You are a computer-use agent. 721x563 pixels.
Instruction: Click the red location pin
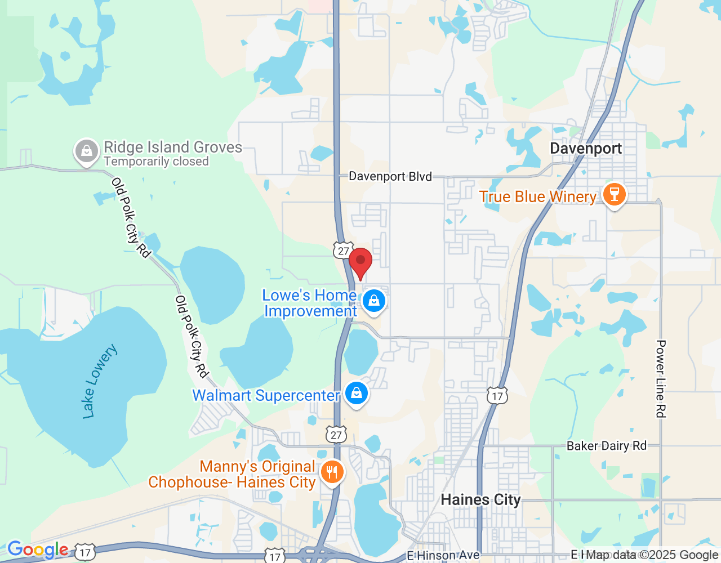point(360,262)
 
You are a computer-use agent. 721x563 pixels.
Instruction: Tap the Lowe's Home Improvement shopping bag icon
point(373,301)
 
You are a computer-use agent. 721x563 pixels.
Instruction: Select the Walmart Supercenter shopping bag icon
point(356,393)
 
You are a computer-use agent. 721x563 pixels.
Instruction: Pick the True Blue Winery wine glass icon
point(614,194)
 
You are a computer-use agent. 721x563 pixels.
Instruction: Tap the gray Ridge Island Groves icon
point(87,151)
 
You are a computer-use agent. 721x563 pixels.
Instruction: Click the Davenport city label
point(586,149)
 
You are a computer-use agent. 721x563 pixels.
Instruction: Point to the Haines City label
point(480,499)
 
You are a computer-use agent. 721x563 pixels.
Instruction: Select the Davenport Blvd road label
point(390,176)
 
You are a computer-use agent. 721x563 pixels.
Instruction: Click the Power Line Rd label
point(661,378)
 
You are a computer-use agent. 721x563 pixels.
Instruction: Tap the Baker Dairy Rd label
point(607,446)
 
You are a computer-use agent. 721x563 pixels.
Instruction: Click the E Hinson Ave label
point(443,556)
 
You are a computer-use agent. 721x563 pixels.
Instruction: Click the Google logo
point(38,549)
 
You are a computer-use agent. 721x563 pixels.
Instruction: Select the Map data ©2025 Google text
point(652,555)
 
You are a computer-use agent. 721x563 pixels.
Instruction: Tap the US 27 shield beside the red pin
point(343,251)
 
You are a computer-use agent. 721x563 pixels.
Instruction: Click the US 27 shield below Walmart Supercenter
point(336,435)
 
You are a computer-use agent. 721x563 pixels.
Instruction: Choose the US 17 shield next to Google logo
point(85,552)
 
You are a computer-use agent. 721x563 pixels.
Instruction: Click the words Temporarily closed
point(156,162)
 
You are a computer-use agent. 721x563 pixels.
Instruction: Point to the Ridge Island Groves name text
point(173,147)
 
